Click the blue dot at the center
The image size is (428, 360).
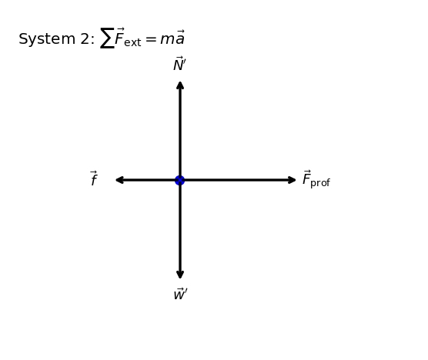[180, 180]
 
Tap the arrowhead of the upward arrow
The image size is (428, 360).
[180, 85]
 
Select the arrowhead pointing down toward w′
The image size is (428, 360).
[180, 275]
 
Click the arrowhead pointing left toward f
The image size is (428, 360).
[119, 180]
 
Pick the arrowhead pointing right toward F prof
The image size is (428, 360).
[292, 180]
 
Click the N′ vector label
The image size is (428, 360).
[179, 64]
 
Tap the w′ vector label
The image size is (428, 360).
[180, 294]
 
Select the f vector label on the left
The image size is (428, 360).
[94, 178]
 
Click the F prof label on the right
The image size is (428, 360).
[316, 179]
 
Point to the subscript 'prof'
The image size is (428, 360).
[320, 183]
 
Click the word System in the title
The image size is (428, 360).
[47, 38]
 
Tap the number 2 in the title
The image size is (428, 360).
[85, 38]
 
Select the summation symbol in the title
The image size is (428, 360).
[107, 38]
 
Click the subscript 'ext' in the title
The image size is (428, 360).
[132, 42]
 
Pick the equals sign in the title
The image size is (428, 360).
[150, 39]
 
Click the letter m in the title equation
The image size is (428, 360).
[167, 39]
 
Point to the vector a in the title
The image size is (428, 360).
[179, 38]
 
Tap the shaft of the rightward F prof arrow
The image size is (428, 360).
[236, 180]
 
